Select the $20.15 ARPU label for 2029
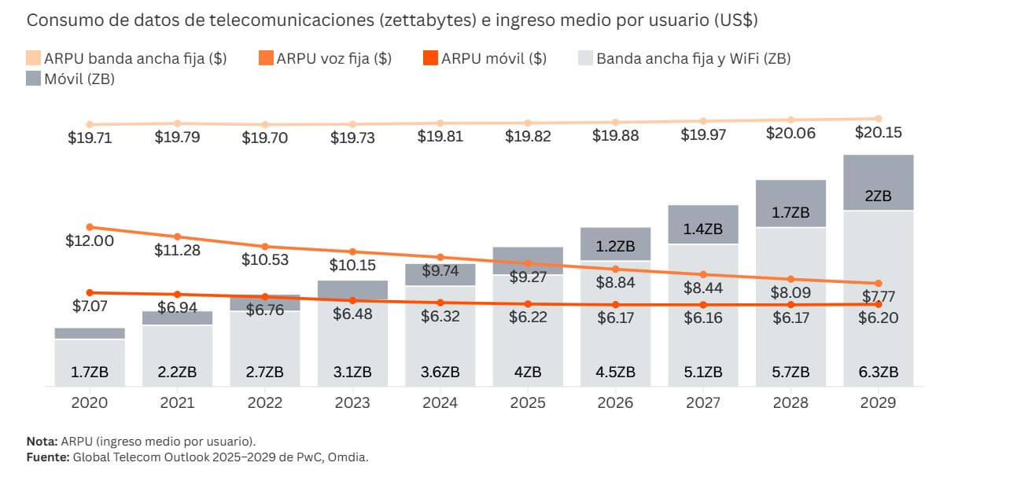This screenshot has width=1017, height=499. [879, 133]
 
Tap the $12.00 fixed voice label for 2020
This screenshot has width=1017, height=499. [90, 240]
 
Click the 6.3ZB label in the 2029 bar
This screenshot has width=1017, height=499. [879, 372]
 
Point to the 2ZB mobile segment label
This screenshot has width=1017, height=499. [879, 196]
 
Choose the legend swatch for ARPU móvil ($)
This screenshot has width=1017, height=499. [430, 58]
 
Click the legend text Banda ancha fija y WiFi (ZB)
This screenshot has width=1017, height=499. [693, 58]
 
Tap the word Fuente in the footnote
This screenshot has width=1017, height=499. [46, 457]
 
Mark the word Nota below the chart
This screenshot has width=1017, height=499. [41, 441]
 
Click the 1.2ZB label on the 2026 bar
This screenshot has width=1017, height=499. [615, 246]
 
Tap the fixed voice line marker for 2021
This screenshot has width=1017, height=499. [177, 237]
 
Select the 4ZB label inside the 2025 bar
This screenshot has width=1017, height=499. [528, 372]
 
